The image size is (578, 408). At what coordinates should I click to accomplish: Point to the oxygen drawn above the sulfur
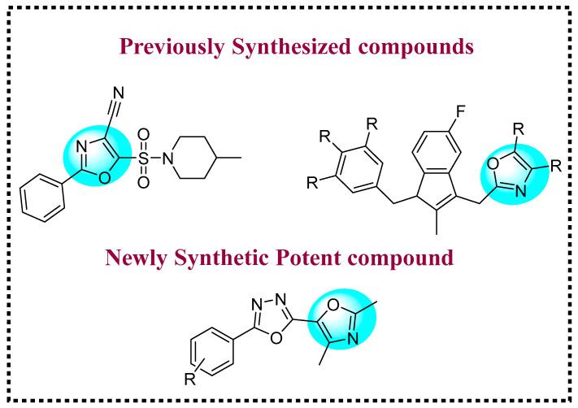tap(143, 132)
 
